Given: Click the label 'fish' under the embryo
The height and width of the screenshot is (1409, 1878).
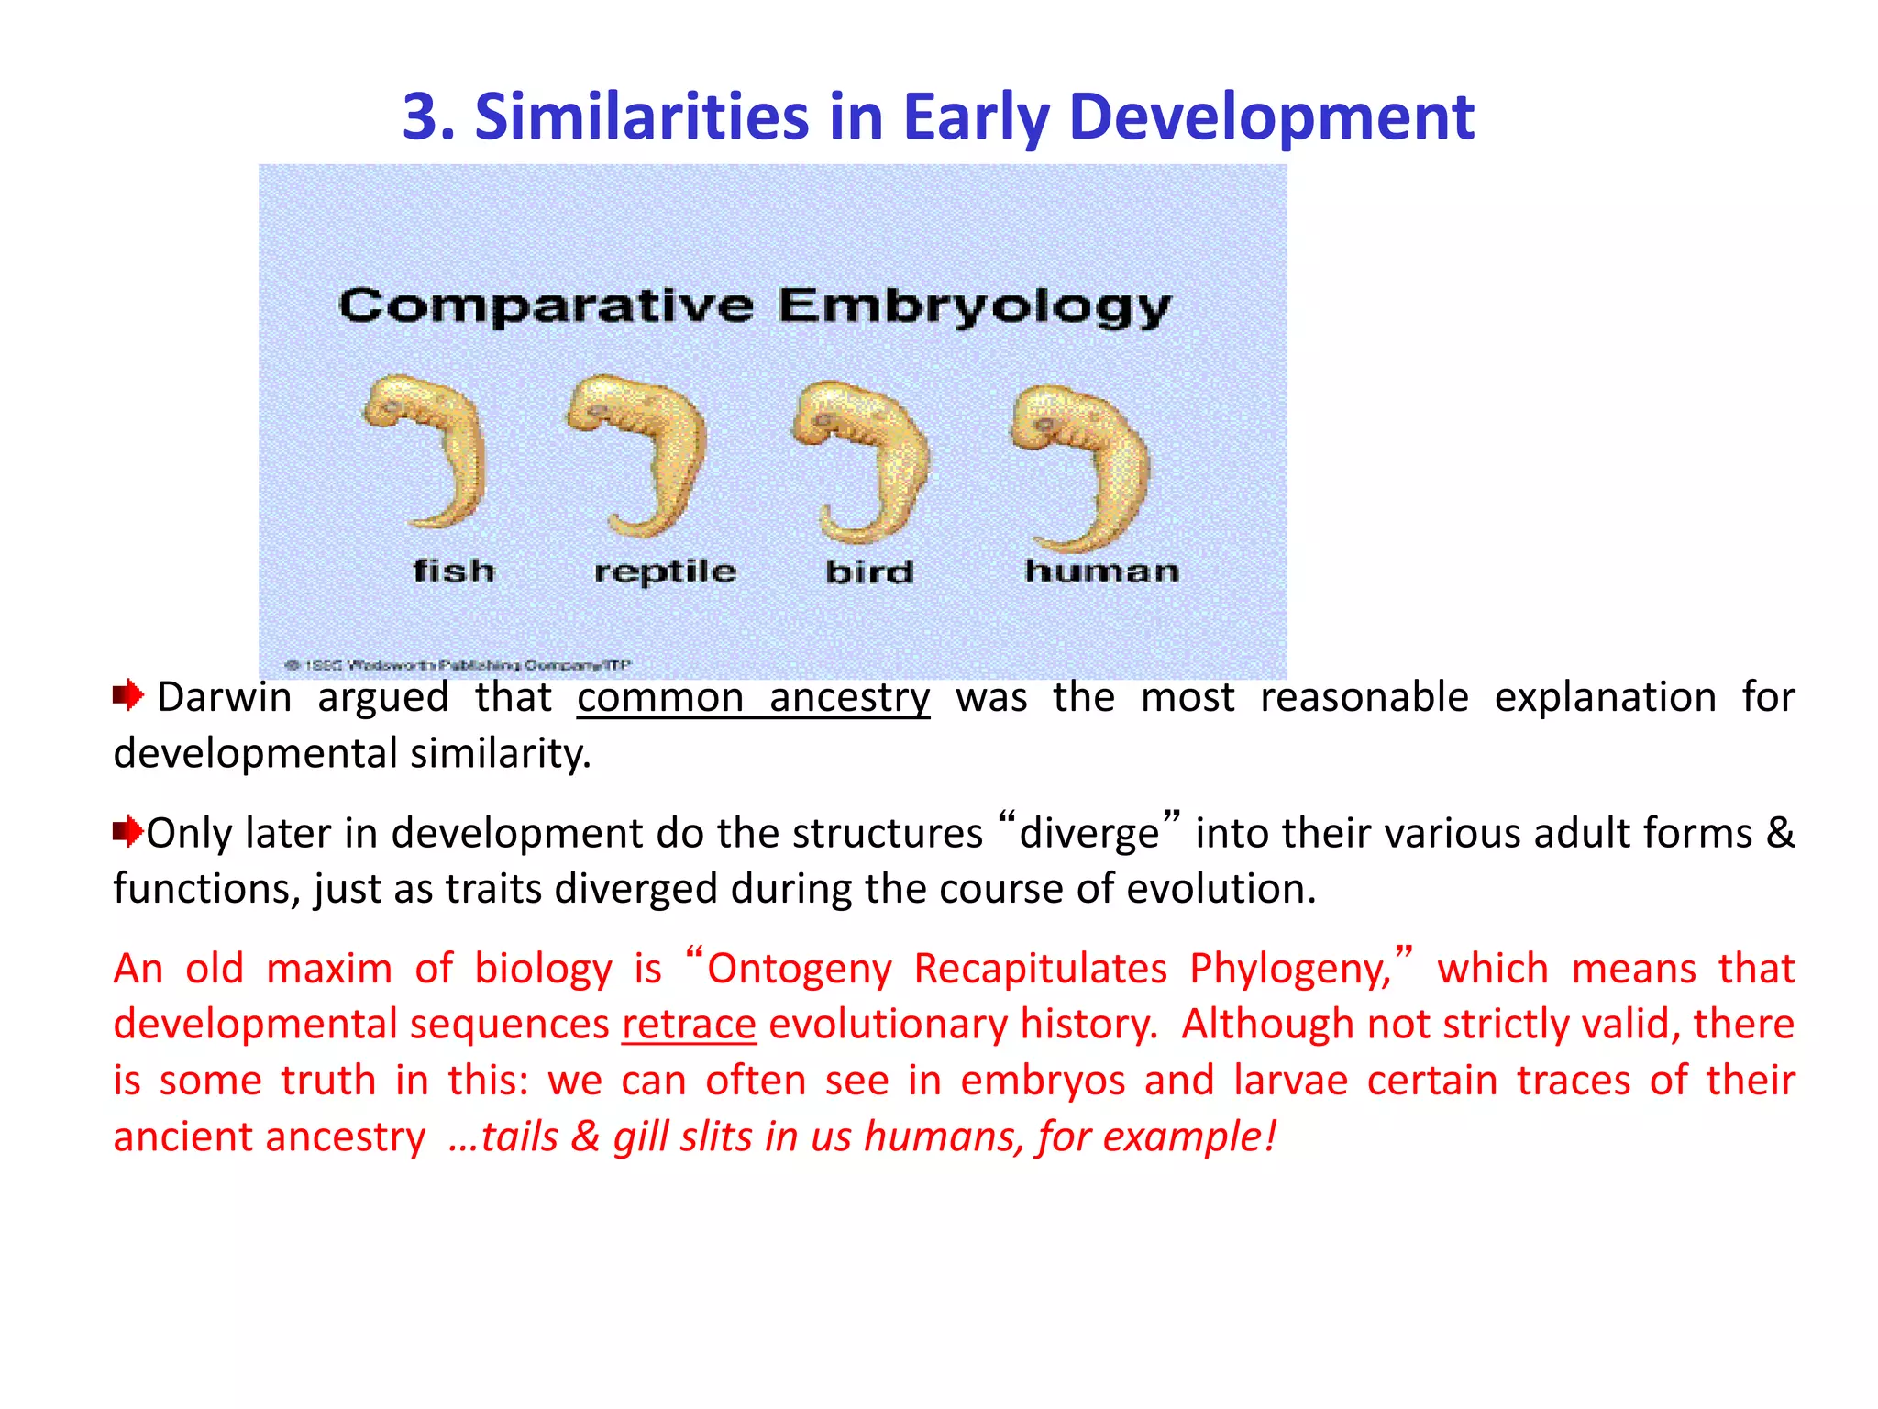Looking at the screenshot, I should point(454,571).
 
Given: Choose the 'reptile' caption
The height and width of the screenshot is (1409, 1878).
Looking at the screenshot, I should point(665,571).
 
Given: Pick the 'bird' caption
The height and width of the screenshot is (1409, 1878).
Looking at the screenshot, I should point(869,571).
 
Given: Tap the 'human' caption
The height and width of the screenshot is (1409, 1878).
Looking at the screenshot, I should point(1101,571).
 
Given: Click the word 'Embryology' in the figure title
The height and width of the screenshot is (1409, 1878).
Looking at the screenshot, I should point(974,307).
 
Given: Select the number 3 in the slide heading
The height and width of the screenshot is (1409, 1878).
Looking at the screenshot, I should point(426,117).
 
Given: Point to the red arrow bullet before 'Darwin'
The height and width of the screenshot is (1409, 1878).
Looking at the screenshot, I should point(128,695).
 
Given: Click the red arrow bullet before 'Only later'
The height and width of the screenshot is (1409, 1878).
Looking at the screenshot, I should point(127,831).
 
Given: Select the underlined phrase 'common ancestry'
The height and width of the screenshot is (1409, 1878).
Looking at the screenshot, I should point(753,697).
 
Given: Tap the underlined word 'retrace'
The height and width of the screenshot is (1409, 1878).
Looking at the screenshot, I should point(689,1024).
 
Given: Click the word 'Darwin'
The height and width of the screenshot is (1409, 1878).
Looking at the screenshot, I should point(224,697).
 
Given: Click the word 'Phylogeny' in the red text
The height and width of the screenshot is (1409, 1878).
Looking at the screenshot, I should point(1290,969).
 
